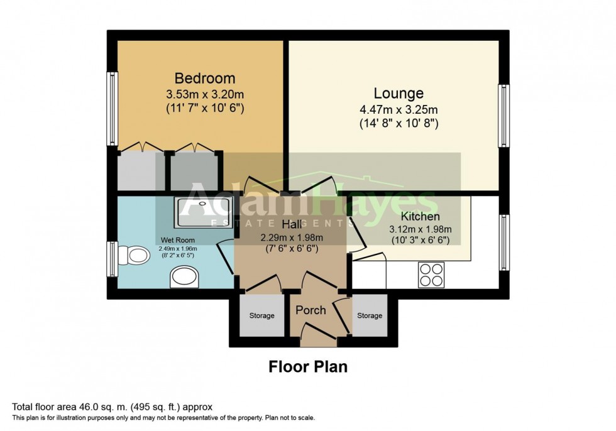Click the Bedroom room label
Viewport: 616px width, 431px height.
point(204,79)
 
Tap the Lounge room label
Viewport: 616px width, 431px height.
point(398,94)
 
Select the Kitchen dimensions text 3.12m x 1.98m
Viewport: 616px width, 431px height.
point(421,229)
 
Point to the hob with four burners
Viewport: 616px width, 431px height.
point(431,275)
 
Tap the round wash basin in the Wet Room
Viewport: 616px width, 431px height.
point(184,277)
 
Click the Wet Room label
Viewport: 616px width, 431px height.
point(177,240)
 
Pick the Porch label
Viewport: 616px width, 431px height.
point(311,310)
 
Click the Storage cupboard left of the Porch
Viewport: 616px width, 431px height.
point(261,315)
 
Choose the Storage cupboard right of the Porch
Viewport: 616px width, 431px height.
point(369,315)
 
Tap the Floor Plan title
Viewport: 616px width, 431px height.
point(308,366)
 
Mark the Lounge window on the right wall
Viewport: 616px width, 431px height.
point(503,116)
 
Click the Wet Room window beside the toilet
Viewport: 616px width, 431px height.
point(113,259)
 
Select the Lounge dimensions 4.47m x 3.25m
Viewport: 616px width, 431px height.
point(398,110)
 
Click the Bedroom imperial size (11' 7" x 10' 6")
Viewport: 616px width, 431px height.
point(204,109)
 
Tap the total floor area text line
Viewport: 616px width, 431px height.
point(116,407)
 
